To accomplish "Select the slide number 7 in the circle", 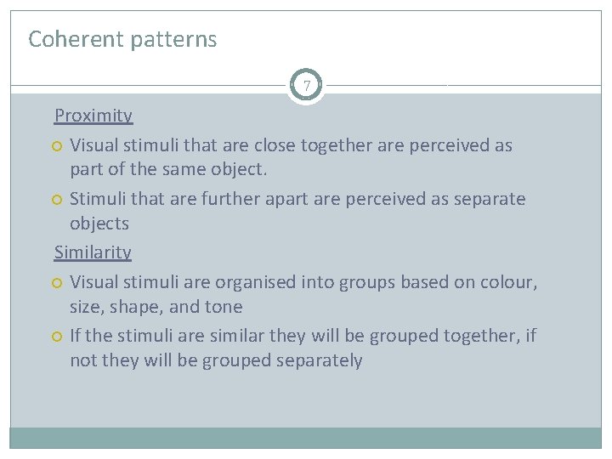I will [306, 86].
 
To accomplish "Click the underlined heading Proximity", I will [93, 116].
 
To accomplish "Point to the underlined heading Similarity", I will [93, 252].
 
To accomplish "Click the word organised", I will [253, 281].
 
